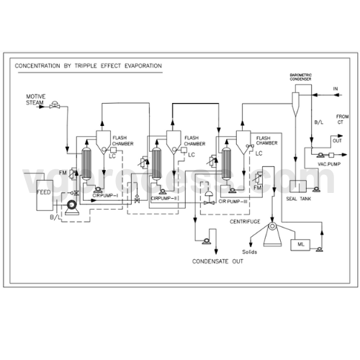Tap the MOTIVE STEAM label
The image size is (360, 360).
(x=36, y=99)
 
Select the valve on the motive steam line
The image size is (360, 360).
(x=54, y=107)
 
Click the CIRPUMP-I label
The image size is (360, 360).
(x=107, y=195)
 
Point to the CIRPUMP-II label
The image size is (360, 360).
(x=165, y=198)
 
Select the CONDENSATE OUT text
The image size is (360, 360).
(x=217, y=262)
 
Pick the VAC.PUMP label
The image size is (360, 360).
(x=328, y=164)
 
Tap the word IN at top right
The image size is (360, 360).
(x=335, y=89)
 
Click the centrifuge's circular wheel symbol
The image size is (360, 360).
(x=272, y=229)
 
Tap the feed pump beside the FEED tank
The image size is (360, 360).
(x=71, y=207)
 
